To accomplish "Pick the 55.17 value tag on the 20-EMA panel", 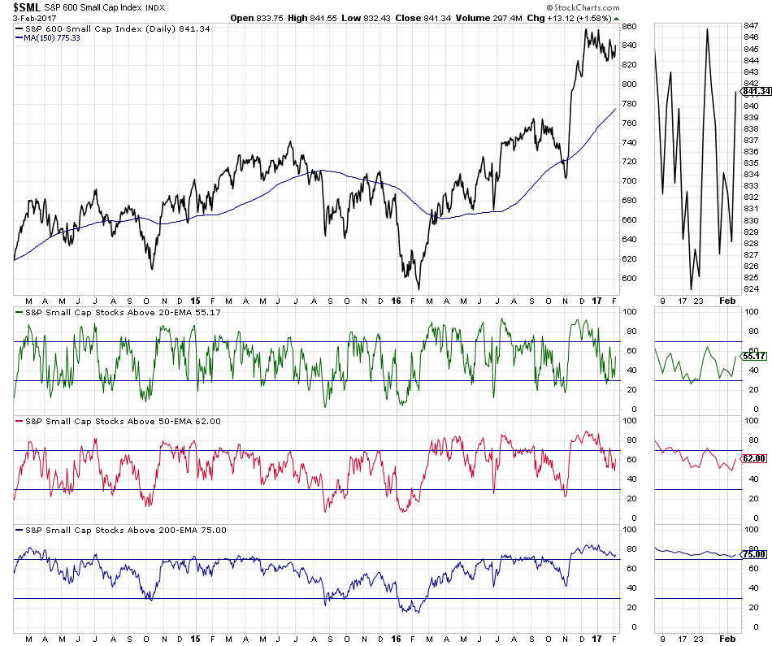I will [x=756, y=356].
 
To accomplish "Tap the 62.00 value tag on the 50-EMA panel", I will [x=756, y=458].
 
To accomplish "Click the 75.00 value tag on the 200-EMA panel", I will [x=756, y=554].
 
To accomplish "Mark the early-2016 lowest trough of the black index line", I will [x=419, y=288].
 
